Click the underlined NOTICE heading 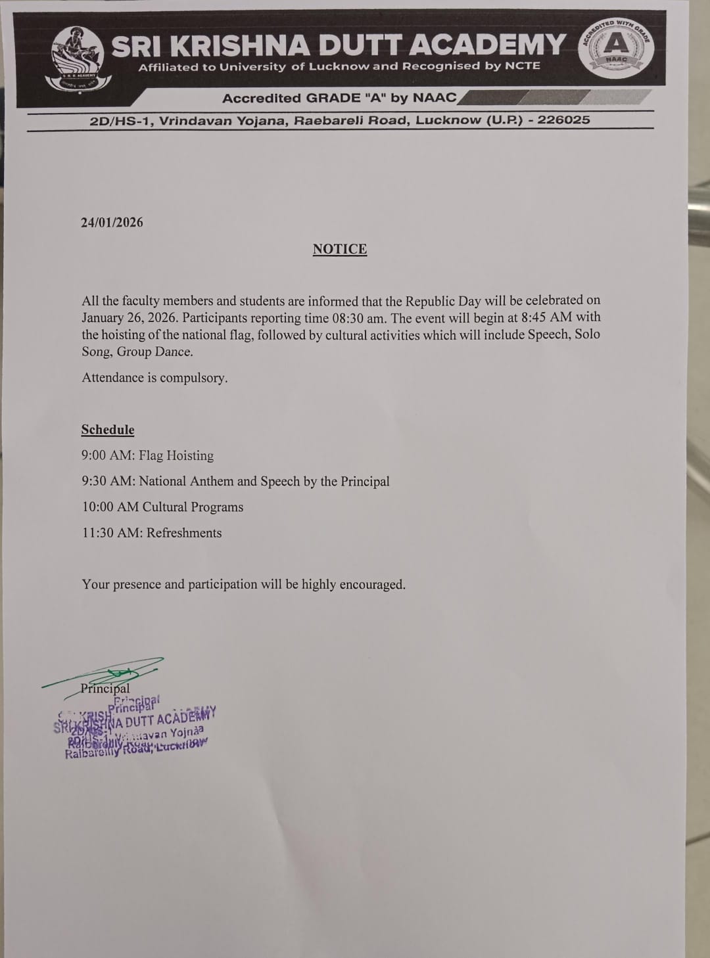coord(339,249)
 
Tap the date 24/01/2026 coord(112,222)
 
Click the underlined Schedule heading coord(108,430)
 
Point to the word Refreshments coord(184,533)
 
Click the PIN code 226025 coord(563,120)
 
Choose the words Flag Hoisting coord(176,455)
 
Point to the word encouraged coord(372,584)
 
